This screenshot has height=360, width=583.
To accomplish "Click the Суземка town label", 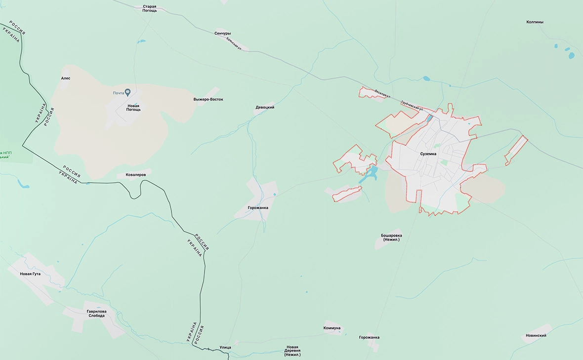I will click(x=428, y=154).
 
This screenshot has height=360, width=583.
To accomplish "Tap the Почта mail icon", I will click(x=127, y=92).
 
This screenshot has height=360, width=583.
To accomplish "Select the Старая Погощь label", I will click(x=149, y=8).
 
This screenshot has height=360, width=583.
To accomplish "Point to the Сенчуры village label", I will click(x=223, y=34).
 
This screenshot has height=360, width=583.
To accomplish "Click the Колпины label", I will click(x=535, y=22).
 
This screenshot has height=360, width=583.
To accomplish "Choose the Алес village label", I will click(x=66, y=78).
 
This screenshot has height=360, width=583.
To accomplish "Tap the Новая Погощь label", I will click(x=134, y=108).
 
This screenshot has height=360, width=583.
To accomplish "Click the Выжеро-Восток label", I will click(x=208, y=99).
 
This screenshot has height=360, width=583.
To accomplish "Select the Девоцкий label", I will click(x=265, y=107).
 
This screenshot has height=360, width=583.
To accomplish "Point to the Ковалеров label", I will click(x=134, y=175).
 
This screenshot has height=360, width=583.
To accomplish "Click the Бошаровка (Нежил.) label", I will click(x=391, y=237).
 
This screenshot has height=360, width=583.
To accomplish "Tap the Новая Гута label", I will click(x=30, y=274).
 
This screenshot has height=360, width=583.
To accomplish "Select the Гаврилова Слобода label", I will click(x=96, y=314).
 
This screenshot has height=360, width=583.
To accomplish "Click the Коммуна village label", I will click(x=332, y=328).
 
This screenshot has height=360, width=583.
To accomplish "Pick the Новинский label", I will click(x=536, y=336).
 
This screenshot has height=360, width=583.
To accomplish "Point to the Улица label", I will click(x=225, y=347).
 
